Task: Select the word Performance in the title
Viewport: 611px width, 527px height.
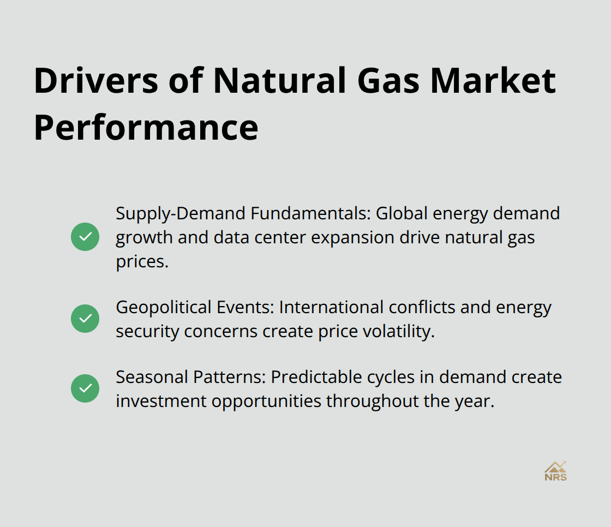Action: click(x=146, y=128)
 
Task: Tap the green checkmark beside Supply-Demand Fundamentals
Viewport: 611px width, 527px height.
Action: click(x=85, y=237)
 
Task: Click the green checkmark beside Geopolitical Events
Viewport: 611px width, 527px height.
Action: click(x=85, y=319)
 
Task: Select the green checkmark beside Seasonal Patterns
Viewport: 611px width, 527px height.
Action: click(x=85, y=388)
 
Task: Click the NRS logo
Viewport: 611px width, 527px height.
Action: click(x=556, y=471)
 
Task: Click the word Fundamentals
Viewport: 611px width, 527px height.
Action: click(x=310, y=213)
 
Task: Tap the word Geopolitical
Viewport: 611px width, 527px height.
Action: click(x=164, y=308)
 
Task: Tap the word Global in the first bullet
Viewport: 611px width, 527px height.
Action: click(x=402, y=213)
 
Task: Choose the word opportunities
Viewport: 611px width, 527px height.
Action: click(x=267, y=402)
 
